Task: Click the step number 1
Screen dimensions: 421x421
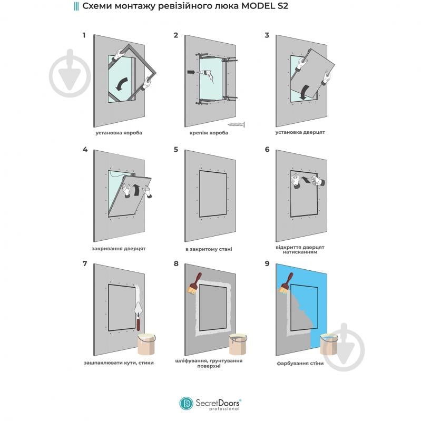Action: click(84, 35)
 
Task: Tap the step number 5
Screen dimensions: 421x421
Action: click(176, 149)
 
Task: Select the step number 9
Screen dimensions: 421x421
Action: click(267, 263)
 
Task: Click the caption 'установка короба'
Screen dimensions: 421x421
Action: click(119, 133)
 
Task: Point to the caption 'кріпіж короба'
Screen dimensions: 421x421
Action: click(209, 133)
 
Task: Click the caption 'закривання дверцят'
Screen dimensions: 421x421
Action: click(119, 249)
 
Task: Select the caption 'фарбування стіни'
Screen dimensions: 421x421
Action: click(300, 363)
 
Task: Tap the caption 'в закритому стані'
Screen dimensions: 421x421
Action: click(209, 249)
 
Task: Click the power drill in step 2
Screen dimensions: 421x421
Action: click(208, 75)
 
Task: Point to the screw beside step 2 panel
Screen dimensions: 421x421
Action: click(236, 124)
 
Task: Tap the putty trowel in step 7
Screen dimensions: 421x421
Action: click(139, 316)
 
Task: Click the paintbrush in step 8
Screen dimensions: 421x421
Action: click(194, 284)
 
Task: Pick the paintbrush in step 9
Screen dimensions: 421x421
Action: click(286, 284)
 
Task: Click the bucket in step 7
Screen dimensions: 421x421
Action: click(146, 344)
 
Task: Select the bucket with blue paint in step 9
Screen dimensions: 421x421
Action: click(329, 344)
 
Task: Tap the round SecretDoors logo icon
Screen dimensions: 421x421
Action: click(187, 404)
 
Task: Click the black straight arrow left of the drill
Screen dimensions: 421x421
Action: click(191, 72)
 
